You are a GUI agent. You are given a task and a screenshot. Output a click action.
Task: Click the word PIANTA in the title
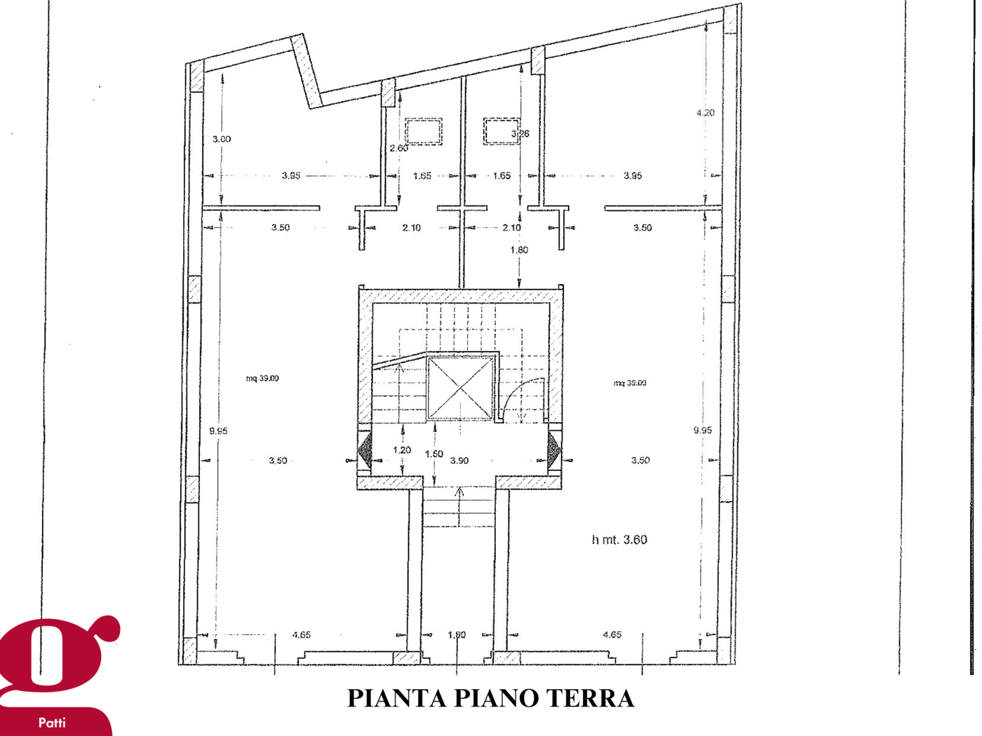point(396,698)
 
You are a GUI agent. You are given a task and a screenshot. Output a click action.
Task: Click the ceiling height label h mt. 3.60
point(619,540)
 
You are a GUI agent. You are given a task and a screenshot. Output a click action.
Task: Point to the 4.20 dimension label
point(706,113)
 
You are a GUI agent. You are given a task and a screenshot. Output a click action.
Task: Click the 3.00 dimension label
point(222,139)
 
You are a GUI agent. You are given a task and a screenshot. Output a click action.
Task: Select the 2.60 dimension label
point(398,149)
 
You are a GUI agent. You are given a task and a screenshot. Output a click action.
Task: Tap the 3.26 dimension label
point(520,134)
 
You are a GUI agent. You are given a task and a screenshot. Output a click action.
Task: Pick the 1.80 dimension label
point(519,250)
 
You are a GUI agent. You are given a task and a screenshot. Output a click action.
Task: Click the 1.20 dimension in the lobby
point(402,451)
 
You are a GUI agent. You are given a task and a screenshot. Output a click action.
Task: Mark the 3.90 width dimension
point(459,461)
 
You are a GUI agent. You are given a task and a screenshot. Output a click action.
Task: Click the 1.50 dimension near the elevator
point(434,454)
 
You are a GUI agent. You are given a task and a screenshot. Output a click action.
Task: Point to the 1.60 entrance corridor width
point(457,635)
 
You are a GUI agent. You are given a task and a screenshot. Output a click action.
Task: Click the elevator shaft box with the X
point(460,388)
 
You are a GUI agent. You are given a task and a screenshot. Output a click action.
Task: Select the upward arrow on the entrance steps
point(459,493)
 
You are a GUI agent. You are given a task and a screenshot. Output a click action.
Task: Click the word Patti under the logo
point(52,723)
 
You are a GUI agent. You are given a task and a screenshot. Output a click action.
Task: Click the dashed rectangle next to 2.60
point(424,132)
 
